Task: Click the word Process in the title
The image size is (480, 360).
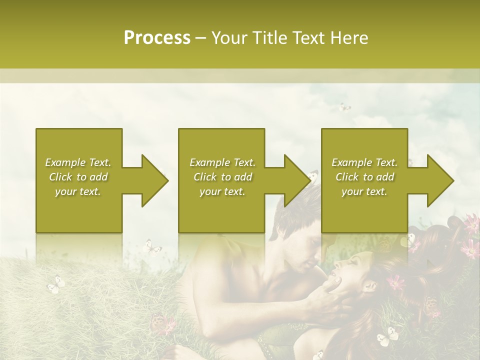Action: [157, 38]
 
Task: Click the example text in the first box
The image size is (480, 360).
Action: [78, 177]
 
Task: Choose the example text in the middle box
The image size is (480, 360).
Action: [222, 177]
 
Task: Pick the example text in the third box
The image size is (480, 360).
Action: [364, 177]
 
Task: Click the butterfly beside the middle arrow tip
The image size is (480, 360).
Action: [313, 175]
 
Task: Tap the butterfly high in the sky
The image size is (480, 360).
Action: [344, 107]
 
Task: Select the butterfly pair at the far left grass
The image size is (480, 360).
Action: [56, 284]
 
